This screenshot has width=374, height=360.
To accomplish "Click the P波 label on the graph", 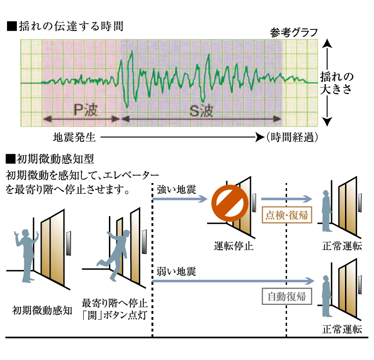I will (86, 110).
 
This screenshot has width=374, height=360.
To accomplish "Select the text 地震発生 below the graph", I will (74, 137).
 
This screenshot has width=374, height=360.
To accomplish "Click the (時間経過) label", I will (292, 137).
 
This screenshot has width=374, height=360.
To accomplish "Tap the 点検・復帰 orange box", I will (287, 215).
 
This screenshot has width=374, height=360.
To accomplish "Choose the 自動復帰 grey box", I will (287, 296).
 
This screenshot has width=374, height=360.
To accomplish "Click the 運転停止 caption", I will (233, 246).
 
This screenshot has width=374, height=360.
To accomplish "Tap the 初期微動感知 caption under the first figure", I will (42, 311).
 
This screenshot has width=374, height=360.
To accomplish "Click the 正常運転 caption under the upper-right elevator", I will (342, 246).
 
